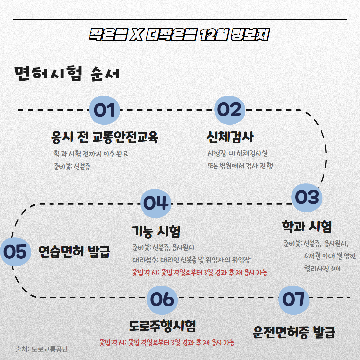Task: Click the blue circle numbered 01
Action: tap(104, 110)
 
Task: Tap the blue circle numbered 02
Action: tap(230, 110)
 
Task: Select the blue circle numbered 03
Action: tap(307, 198)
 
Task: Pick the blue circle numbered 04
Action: tap(156, 203)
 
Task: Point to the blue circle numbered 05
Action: tap(15, 252)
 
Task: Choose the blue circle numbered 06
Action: tap(162, 300)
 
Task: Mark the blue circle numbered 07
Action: tap(294, 300)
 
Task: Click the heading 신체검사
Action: tap(230, 137)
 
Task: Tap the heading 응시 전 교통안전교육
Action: tap(105, 137)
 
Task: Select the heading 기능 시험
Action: tap(156, 231)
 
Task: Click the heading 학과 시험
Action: tap(307, 226)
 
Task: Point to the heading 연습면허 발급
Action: tap(74, 252)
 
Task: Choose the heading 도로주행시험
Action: tap(162, 326)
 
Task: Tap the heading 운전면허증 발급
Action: tap(294, 332)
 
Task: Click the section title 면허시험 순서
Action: tap(67, 74)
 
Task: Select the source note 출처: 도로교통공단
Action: tap(42, 349)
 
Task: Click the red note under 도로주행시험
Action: tap(167, 342)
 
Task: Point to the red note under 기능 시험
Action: tap(200, 273)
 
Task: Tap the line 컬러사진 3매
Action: tap(322, 268)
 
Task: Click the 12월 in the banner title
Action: tap(214, 35)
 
